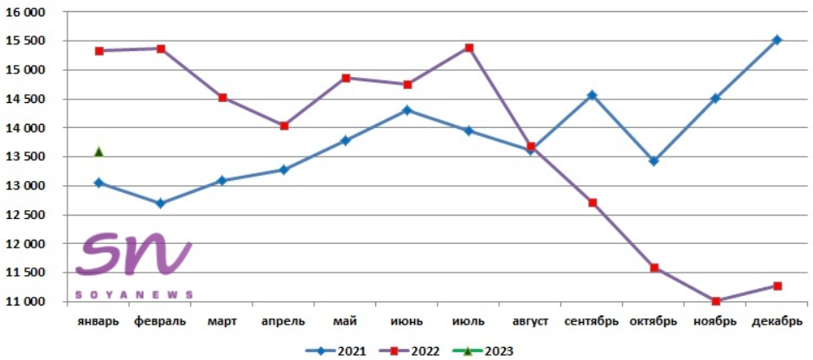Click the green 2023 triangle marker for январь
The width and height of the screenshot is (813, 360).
click(x=99, y=151)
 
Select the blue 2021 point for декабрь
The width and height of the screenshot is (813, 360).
click(x=778, y=40)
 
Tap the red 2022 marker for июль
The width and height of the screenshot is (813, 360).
click(x=470, y=48)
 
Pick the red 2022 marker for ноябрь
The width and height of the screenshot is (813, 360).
click(x=715, y=301)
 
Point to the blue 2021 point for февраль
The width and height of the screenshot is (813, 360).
click(x=161, y=203)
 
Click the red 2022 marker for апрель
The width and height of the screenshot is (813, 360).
click(x=285, y=126)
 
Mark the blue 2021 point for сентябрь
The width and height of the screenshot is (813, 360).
click(x=592, y=95)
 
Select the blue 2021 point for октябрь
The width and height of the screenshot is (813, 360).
click(x=654, y=161)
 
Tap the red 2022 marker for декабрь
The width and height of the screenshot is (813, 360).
click(x=778, y=286)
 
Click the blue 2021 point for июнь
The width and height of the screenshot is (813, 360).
click(x=407, y=110)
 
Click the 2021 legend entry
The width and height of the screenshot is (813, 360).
click(x=336, y=351)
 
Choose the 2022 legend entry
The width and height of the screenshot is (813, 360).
click(x=409, y=351)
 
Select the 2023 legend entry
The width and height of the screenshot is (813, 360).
click(x=483, y=351)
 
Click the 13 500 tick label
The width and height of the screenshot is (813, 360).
click(x=25, y=157)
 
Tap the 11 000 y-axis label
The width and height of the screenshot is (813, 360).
click(x=25, y=301)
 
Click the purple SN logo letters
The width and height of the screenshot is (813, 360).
click(x=134, y=253)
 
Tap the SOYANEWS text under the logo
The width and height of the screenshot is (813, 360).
click(x=134, y=294)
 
